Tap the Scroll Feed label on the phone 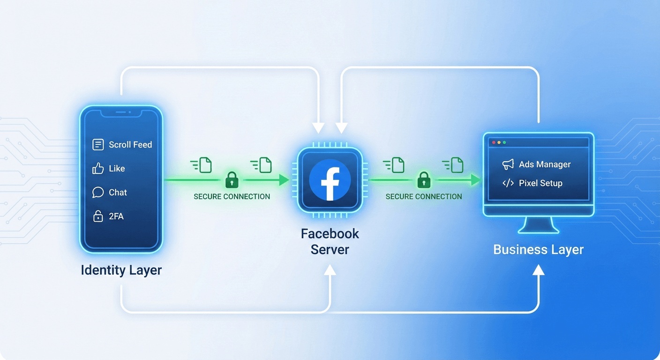[130, 145]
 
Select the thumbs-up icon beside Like [98, 169]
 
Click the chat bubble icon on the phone [98, 193]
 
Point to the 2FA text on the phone [116, 217]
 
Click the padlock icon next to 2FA [98, 216]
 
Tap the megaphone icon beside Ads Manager [508, 165]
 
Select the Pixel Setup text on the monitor [540, 183]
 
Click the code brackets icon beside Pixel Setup [508, 183]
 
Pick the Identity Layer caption [121, 270]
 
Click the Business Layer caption [538, 249]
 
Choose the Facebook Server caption [330, 241]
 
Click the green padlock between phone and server [232, 180]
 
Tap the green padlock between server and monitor [424, 180]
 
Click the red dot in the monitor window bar [492, 142]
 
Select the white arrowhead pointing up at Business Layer [539, 270]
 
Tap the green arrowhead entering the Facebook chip [284, 180]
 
